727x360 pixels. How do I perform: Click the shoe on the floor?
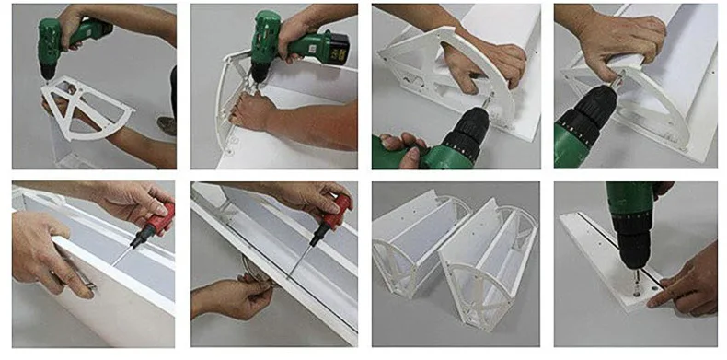tap(167, 123)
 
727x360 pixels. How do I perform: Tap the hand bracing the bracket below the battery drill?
tap(253, 112)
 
